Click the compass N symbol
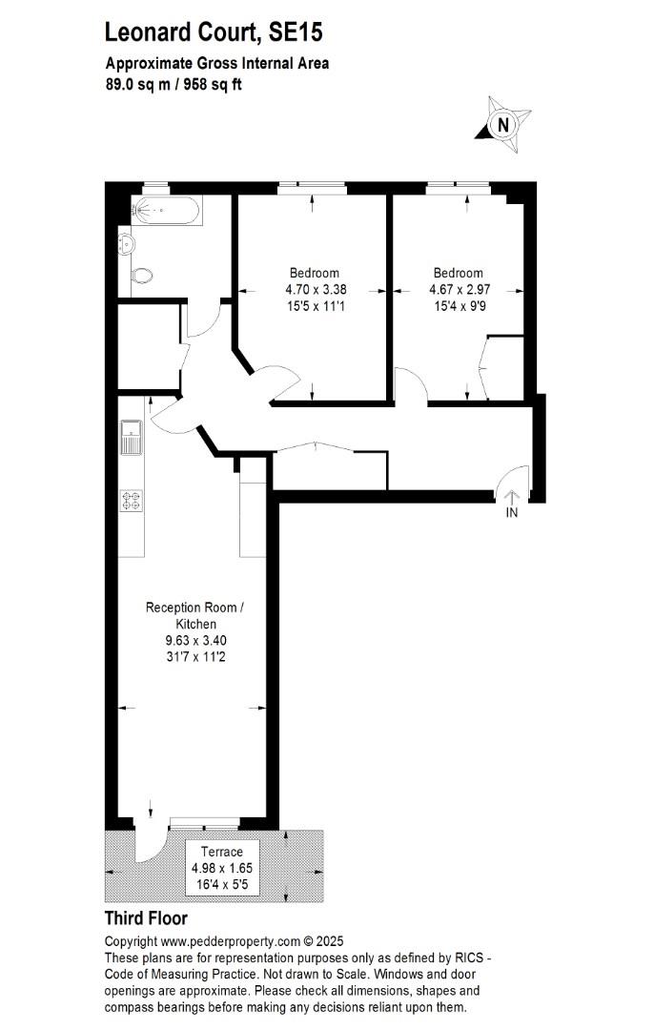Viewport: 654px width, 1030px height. pyautogui.click(x=503, y=124)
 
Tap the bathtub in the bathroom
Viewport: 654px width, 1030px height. pyautogui.click(x=166, y=210)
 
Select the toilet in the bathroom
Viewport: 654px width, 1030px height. pyautogui.click(x=140, y=276)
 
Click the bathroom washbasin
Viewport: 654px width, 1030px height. pyautogui.click(x=126, y=244)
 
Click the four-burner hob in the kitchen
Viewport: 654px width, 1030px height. pyautogui.click(x=132, y=502)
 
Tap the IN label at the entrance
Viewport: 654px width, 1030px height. pyautogui.click(x=512, y=512)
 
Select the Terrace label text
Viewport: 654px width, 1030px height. pyautogui.click(x=222, y=852)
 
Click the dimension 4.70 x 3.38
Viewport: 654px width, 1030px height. pyautogui.click(x=316, y=289)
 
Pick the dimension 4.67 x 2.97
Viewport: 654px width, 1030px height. pyautogui.click(x=460, y=289)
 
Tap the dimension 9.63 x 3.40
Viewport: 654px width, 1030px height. pyautogui.click(x=196, y=641)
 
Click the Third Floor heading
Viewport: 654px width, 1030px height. pyautogui.click(x=147, y=917)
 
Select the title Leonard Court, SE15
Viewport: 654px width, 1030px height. pyautogui.click(x=215, y=31)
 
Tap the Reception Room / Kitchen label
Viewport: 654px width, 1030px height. pyautogui.click(x=195, y=615)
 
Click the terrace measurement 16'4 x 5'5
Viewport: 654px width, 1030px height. pyautogui.click(x=222, y=884)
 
